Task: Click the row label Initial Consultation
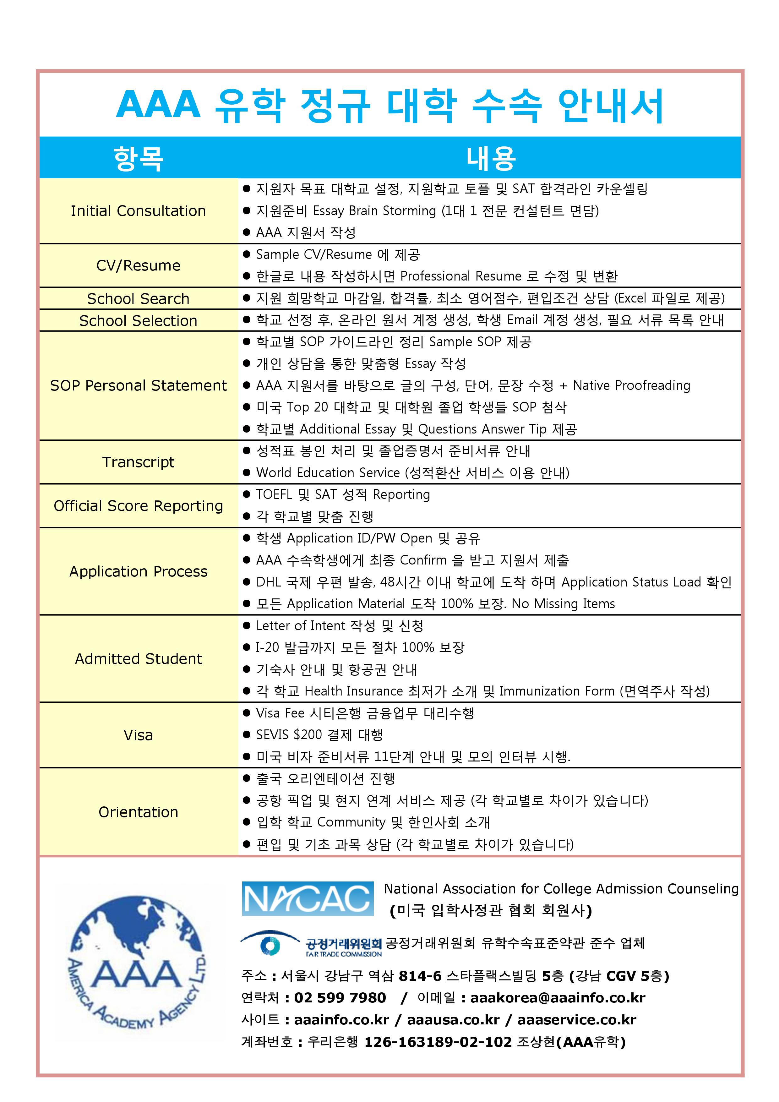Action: click(138, 211)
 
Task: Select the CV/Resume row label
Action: click(138, 265)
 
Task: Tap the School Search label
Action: click(138, 298)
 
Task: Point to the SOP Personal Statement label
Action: click(138, 385)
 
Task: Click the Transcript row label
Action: click(138, 462)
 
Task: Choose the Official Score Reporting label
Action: click(138, 505)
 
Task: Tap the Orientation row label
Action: click(138, 812)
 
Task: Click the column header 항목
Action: click(138, 158)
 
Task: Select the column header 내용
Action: click(491, 158)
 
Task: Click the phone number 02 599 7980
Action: click(340, 998)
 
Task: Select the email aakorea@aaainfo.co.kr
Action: click(558, 998)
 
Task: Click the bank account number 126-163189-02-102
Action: click(438, 1042)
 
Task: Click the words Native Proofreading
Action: click(631, 385)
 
